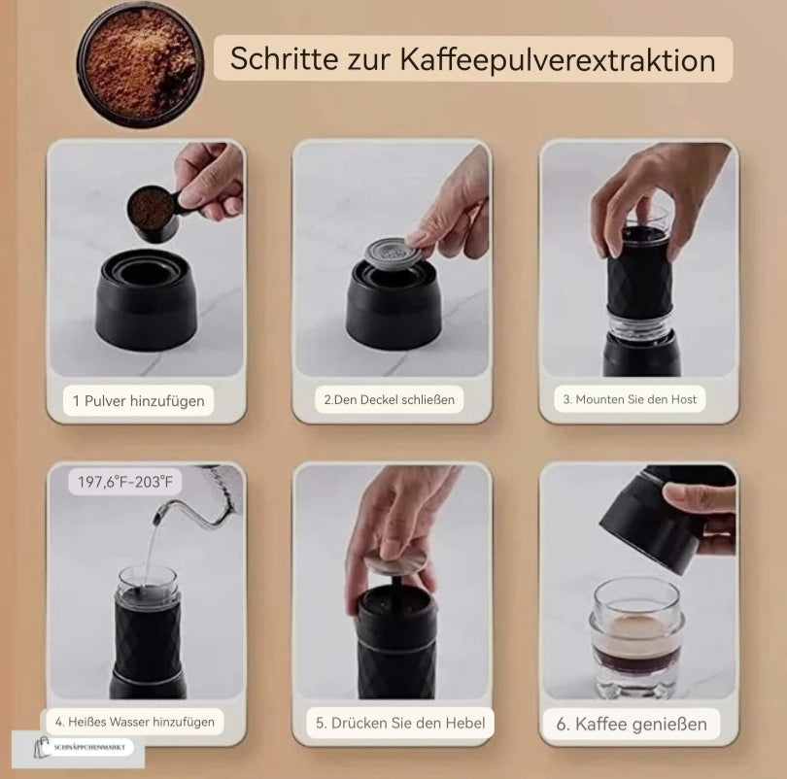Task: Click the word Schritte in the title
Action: click(x=276, y=59)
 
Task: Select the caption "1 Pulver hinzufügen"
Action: click(x=139, y=400)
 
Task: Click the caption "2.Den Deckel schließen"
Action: click(x=389, y=399)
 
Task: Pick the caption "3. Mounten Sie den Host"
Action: click(x=630, y=399)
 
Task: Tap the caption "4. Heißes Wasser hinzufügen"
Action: click(x=134, y=723)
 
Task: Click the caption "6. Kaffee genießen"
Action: click(x=632, y=724)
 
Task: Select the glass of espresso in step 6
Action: click(x=637, y=636)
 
